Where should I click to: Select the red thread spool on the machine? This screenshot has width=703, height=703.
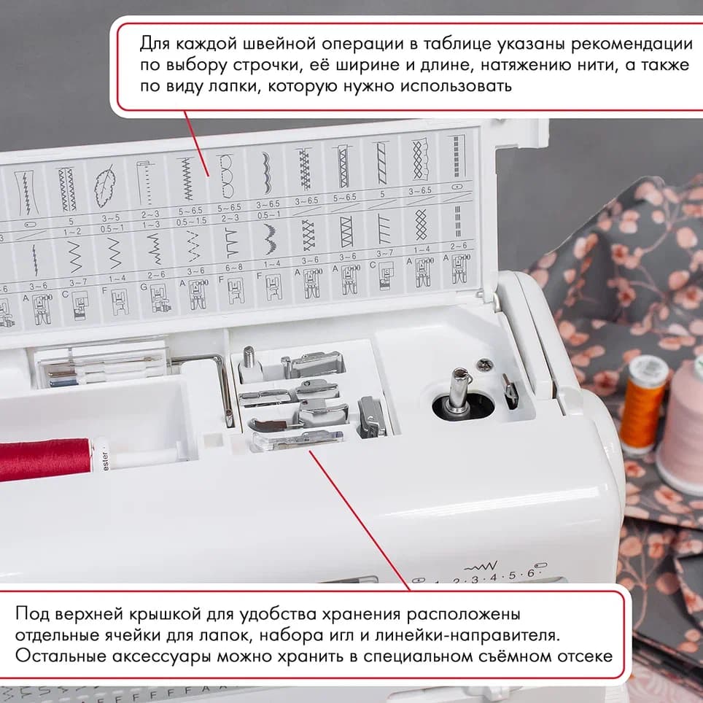(44, 459)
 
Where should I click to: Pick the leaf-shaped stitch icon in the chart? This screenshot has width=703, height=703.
(106, 187)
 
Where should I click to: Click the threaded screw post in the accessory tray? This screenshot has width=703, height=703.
(249, 360)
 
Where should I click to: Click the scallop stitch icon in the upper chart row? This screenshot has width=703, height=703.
(263, 174)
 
